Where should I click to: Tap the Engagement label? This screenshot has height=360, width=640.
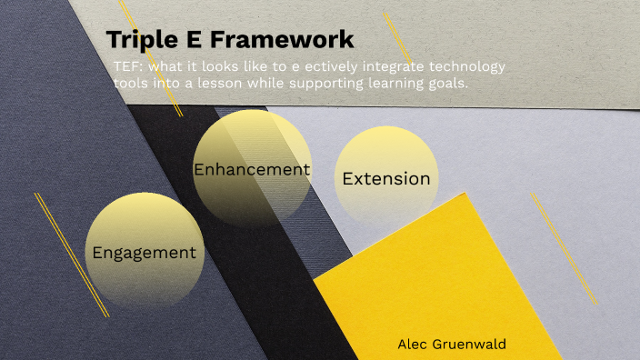click(x=144, y=253)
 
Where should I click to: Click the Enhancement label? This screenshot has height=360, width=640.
click(x=252, y=169)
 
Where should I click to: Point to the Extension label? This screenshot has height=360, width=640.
click(x=386, y=179)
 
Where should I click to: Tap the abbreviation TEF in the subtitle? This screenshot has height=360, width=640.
click(x=126, y=68)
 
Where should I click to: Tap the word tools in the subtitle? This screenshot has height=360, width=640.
click(x=132, y=84)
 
